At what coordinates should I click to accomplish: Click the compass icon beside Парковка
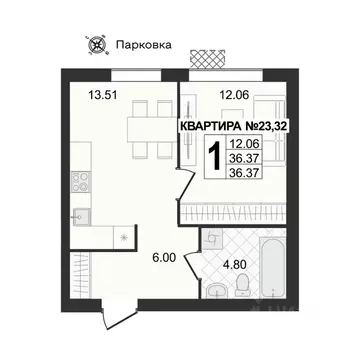pyautogui.click(x=98, y=43)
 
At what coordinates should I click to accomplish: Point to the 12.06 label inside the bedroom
pyautogui.click(x=234, y=97)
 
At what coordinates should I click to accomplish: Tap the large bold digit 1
pyautogui.click(x=212, y=158)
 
